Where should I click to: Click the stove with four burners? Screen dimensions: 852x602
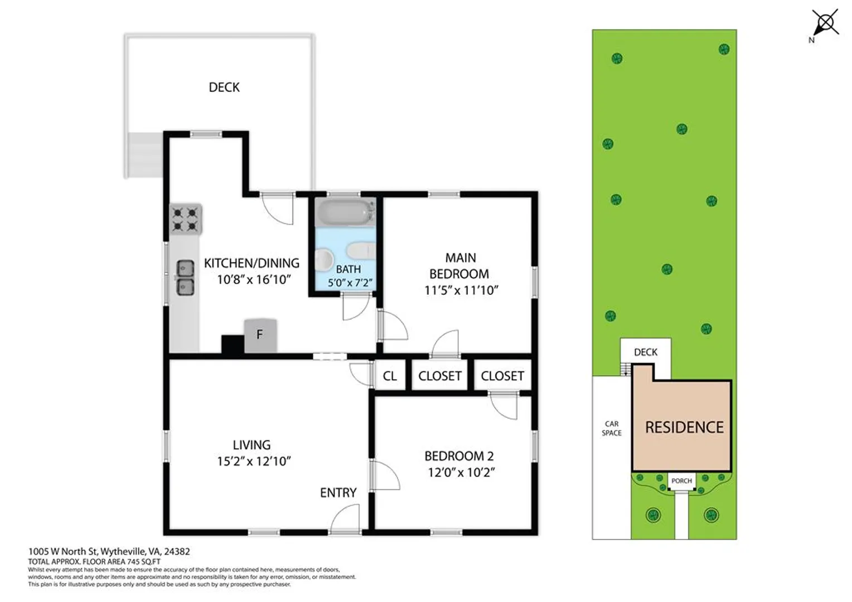tap(186, 219)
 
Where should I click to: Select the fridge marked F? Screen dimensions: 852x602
tap(260, 336)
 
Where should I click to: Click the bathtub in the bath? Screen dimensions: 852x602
tap(346, 212)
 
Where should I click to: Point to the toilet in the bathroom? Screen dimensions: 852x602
tap(361, 251)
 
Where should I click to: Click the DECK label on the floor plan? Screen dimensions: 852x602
tap(224, 88)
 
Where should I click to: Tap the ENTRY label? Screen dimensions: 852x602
tap(338, 493)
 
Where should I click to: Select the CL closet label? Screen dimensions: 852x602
tap(390, 376)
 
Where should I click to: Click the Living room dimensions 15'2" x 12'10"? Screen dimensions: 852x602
tap(254, 462)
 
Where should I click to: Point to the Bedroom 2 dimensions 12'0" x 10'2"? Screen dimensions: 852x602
tap(461, 472)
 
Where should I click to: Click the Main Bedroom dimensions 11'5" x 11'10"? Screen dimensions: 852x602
tap(461, 290)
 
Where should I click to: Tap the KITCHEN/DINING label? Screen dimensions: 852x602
tap(251, 263)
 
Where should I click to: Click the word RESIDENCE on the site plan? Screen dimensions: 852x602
tap(684, 428)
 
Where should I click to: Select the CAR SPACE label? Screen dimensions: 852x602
tap(612, 428)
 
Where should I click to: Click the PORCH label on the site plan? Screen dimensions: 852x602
tap(681, 481)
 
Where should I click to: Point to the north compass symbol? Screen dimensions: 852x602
tap(825, 23)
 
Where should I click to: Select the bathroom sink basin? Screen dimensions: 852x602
tap(323, 260)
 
